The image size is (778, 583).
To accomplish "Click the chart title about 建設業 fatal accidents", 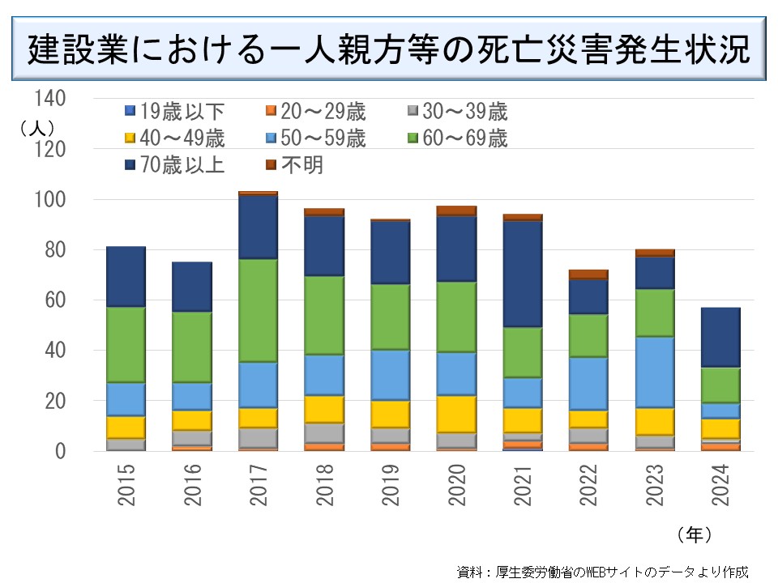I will click(x=388, y=50).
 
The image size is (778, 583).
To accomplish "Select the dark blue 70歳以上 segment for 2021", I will click(x=524, y=274).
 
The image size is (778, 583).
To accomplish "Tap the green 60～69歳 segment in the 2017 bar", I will click(x=259, y=310).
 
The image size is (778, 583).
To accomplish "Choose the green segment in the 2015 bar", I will click(x=126, y=344).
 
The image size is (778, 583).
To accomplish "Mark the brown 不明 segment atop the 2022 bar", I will click(x=589, y=274).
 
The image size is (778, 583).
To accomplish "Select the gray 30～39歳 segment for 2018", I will click(x=324, y=432).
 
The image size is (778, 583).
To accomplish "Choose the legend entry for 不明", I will click(x=295, y=165).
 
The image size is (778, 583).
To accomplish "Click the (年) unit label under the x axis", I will click(x=693, y=534).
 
